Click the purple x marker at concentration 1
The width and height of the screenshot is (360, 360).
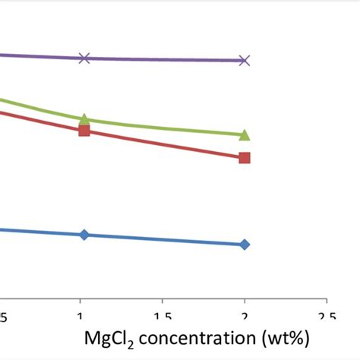(x=84, y=58)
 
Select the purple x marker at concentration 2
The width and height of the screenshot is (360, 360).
(x=244, y=60)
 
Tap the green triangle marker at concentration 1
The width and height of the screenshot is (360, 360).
(x=84, y=119)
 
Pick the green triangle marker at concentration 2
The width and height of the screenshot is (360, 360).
(x=244, y=135)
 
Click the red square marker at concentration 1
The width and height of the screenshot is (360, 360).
(x=84, y=131)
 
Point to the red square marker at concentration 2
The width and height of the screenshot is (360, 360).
(x=244, y=158)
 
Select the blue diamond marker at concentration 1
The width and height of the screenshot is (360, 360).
(x=84, y=234)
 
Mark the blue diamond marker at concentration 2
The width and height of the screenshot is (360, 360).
(x=244, y=245)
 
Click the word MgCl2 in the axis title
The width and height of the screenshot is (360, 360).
(x=106, y=336)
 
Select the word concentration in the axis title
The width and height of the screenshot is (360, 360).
(x=201, y=336)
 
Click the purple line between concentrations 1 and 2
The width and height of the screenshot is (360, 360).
(x=164, y=59)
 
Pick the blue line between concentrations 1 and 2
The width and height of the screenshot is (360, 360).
(x=164, y=239)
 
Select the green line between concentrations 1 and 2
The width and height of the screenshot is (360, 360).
(x=164, y=129)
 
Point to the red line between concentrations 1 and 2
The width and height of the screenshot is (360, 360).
(x=164, y=144)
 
